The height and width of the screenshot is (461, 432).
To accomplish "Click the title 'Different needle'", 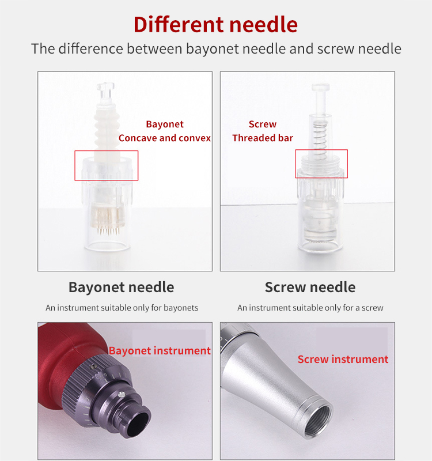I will point(216,24).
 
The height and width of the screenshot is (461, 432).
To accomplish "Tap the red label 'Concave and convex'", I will point(165,138).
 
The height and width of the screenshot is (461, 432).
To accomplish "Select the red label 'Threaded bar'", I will point(263,138).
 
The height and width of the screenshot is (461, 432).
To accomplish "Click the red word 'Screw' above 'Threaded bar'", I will point(263,124).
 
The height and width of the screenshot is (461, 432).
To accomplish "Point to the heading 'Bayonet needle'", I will point(121,287).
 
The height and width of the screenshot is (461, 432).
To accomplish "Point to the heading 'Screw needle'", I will point(310,287).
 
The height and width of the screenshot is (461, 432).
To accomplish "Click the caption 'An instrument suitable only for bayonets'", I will point(122,308).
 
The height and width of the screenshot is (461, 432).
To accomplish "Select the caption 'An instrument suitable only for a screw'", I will point(310,308).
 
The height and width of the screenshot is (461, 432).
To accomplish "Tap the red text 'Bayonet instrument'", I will point(160,351).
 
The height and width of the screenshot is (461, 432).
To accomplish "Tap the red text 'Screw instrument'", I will point(343,360).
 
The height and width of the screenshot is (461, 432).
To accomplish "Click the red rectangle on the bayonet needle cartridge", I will point(107,165).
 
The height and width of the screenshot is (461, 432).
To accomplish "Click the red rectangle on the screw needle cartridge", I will point(321,164).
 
